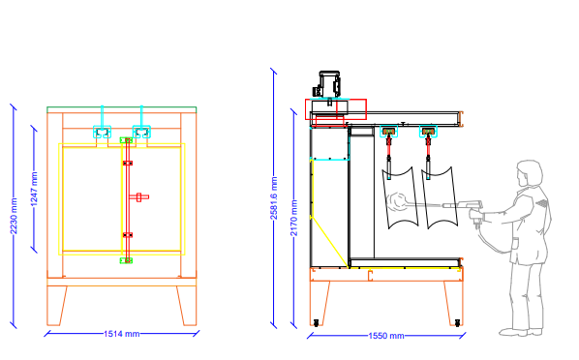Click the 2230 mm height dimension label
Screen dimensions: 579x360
click(14, 216)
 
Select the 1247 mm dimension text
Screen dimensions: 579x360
click(34, 189)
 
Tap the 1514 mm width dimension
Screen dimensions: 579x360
click(121, 334)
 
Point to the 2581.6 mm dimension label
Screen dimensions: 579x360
click(274, 198)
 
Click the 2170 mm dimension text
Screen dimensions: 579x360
click(293, 218)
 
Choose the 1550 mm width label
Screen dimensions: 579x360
click(386, 336)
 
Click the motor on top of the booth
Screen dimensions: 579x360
click(327, 84)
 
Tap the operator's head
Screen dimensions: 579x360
click(530, 173)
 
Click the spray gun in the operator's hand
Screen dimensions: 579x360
click(465, 207)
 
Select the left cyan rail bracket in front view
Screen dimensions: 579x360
click(102, 132)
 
